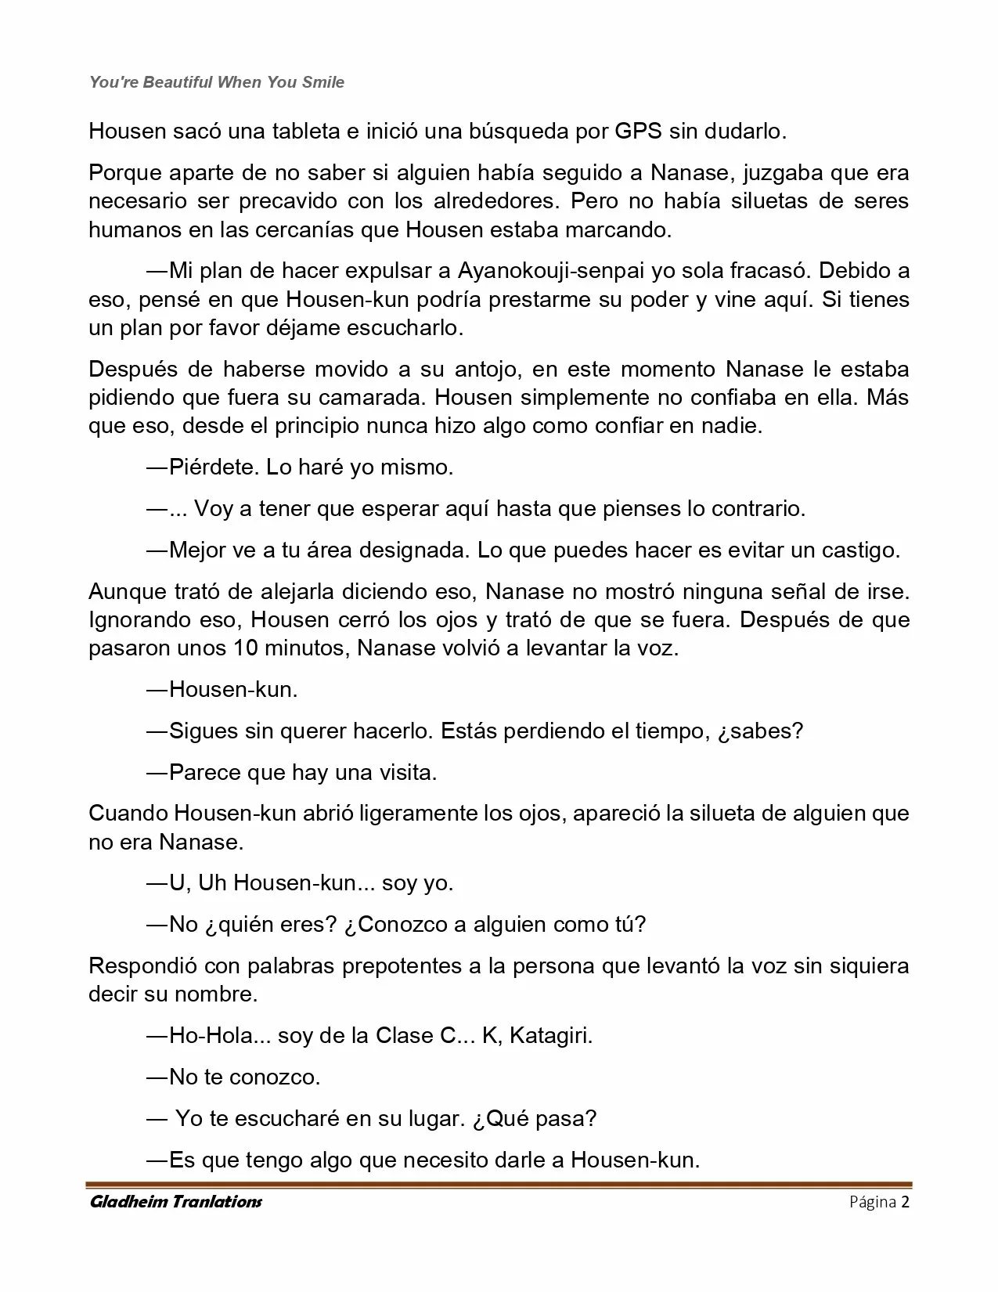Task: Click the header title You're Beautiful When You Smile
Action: coord(217,82)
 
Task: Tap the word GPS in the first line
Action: coord(637,131)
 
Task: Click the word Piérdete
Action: coord(213,467)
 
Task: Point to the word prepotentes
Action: coord(404,965)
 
